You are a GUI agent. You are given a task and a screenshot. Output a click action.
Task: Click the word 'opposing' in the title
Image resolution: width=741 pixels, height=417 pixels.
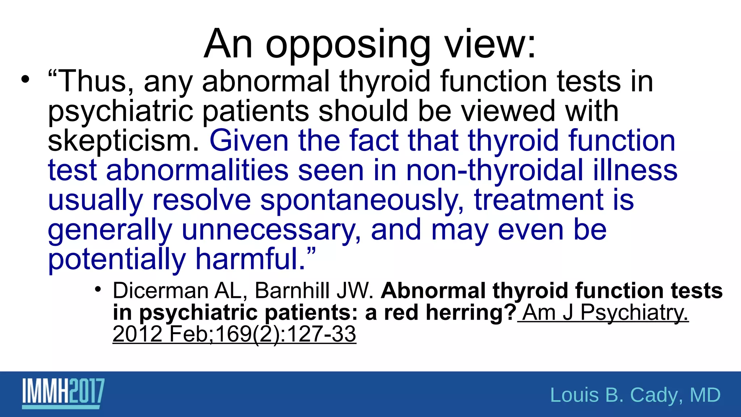pos(348,45)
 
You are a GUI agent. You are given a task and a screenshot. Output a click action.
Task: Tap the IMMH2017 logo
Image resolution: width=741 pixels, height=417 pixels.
pos(63,393)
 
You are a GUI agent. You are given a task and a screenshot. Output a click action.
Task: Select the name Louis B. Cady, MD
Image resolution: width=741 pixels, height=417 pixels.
pos(635,395)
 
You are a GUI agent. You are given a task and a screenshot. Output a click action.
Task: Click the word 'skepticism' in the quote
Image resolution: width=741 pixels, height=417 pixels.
pos(123,141)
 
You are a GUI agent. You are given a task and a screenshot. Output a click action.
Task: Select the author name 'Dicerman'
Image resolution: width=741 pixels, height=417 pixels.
pos(160,291)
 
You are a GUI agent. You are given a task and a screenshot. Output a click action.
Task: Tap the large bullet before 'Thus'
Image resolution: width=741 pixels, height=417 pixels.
pos(25,79)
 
